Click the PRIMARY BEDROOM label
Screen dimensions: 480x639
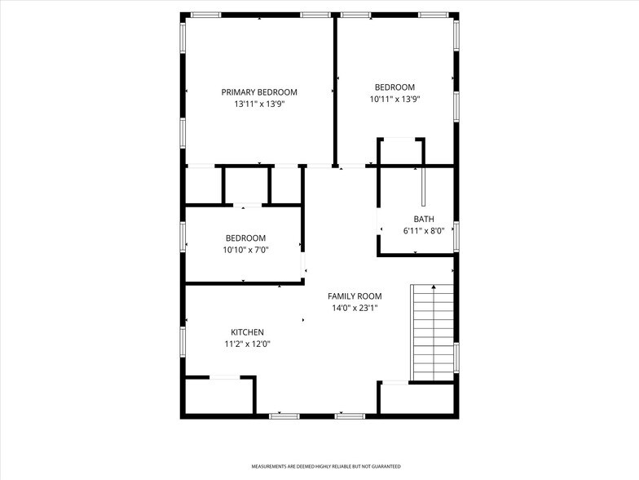point(259,92)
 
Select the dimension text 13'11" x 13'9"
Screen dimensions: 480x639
point(259,104)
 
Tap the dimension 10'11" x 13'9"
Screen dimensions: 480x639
point(394,99)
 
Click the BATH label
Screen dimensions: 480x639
point(423,219)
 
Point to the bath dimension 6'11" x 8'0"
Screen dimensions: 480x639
point(423,231)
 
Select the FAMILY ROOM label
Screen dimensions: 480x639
point(355,296)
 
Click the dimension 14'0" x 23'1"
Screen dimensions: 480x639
point(355,308)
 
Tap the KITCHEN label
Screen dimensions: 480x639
point(247,332)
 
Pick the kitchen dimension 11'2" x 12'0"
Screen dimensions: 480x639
point(247,344)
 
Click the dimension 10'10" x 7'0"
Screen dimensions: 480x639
point(246,250)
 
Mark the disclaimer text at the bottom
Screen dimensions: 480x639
point(325,466)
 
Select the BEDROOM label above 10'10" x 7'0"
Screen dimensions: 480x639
point(246,238)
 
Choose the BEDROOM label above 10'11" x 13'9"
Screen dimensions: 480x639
point(394,87)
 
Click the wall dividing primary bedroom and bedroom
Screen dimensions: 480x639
point(335,90)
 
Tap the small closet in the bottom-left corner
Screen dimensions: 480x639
point(218,397)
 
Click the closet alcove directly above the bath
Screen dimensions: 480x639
point(401,152)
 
